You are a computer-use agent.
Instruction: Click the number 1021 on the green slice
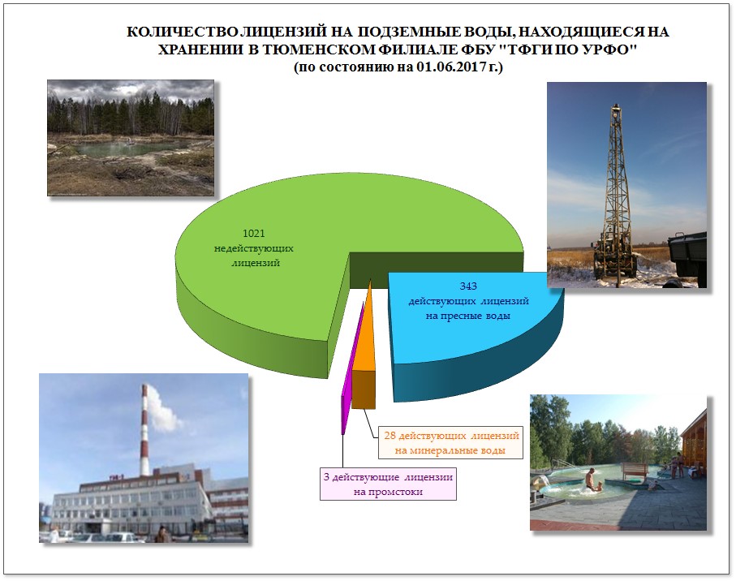pyautogui.click(x=253, y=233)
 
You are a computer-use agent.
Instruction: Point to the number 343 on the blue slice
pyautogui.click(x=468, y=286)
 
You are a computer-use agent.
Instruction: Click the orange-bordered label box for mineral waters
pyautogui.click(x=450, y=442)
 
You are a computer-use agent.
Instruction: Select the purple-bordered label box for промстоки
pyautogui.click(x=388, y=484)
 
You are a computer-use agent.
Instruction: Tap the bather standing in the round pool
pyautogui.click(x=589, y=480)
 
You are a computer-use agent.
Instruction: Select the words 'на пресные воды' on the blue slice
pyautogui.click(x=468, y=316)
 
